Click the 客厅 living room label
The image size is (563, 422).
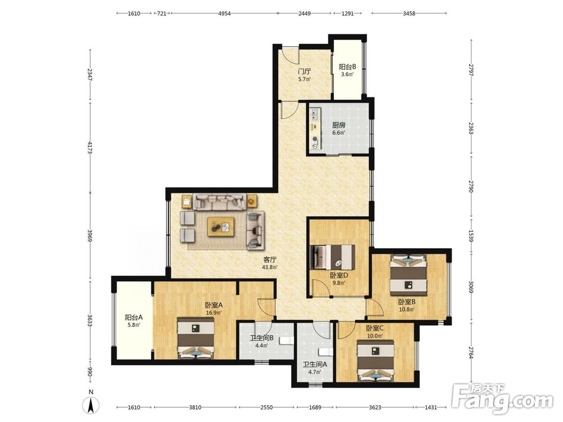pos(270,259)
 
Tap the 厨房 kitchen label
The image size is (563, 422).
pos(338,125)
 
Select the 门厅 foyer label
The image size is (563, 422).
pos(305,71)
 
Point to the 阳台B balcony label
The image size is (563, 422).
pos(347,67)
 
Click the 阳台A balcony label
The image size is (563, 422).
pos(134,317)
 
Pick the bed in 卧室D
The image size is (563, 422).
pos(333,257)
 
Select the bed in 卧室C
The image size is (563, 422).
pos(376,360)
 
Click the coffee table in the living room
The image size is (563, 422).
pos(221,227)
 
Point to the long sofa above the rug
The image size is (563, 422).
pos(220,201)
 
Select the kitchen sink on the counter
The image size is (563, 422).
pos(315,114)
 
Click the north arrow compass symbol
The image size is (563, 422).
pos(91,406)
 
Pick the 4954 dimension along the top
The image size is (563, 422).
pos(224,14)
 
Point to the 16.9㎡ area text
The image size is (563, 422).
pos(213,312)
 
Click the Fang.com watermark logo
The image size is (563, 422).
pos(502,399)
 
